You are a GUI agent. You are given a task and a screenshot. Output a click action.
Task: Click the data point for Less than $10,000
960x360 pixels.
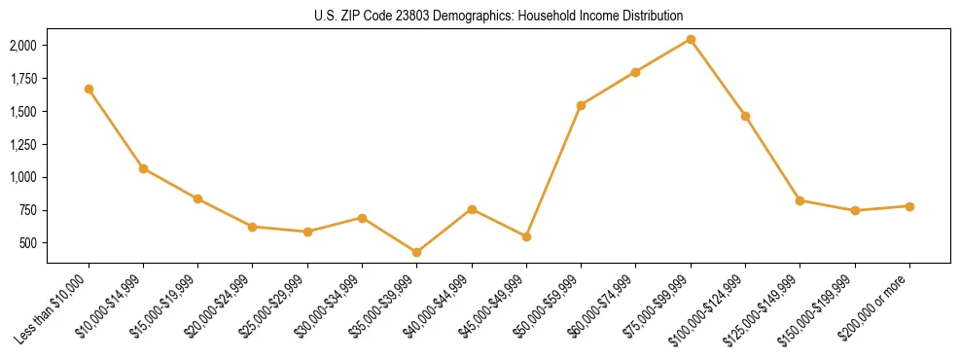[x=89, y=89]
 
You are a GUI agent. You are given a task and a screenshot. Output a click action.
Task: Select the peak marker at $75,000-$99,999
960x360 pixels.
[x=691, y=39]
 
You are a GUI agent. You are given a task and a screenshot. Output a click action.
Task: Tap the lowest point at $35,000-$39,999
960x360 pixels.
[x=417, y=252]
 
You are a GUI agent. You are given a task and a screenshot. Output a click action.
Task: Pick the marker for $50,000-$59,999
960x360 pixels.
[x=581, y=105]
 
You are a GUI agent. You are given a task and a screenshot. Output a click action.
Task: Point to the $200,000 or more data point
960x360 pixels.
[x=909, y=206]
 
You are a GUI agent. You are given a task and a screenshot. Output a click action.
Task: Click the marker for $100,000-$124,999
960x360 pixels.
[x=745, y=116]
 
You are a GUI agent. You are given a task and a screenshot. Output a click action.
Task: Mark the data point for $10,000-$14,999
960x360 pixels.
[x=143, y=168]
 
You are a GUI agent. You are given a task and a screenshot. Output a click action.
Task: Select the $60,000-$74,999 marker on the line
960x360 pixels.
[x=635, y=72]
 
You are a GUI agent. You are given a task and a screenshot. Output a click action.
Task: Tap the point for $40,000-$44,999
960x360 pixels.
[x=472, y=209]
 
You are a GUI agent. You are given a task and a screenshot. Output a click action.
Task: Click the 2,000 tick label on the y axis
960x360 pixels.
[x=22, y=46]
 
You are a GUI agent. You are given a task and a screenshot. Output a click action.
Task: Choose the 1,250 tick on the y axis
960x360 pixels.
[x=22, y=145]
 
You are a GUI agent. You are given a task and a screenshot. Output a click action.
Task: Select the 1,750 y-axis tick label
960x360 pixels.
[x=22, y=79]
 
